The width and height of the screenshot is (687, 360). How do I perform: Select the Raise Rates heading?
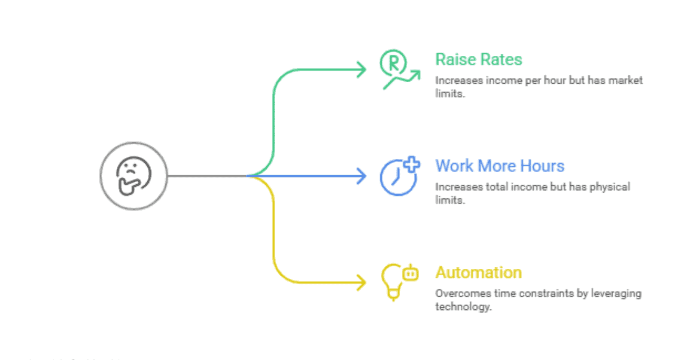click(x=478, y=60)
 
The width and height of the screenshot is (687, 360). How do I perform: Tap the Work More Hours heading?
click(x=499, y=166)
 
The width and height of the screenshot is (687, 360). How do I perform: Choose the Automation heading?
click(x=478, y=273)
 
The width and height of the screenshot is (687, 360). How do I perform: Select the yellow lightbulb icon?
click(x=392, y=281)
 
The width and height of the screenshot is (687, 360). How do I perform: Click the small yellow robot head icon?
click(x=410, y=273)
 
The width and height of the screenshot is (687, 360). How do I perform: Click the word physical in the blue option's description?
click(x=610, y=187)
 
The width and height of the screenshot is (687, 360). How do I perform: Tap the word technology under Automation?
click(x=462, y=307)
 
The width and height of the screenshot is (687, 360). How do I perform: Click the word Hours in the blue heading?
click(x=542, y=166)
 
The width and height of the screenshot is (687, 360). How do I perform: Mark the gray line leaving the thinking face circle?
click(x=206, y=176)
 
